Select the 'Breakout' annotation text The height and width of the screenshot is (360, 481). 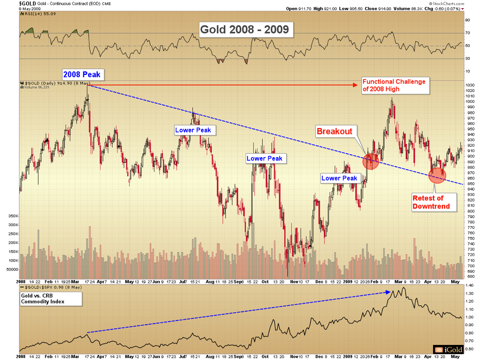335,132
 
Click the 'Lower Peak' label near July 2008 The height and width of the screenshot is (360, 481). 193,130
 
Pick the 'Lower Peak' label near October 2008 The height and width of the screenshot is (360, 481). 264,159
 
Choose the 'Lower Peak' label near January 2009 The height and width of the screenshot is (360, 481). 340,178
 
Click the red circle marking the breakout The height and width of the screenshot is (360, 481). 370,161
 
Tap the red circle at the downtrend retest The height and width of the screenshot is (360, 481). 437,175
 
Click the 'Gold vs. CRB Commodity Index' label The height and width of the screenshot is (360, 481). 50,298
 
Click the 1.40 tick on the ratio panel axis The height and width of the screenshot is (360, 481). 469,285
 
